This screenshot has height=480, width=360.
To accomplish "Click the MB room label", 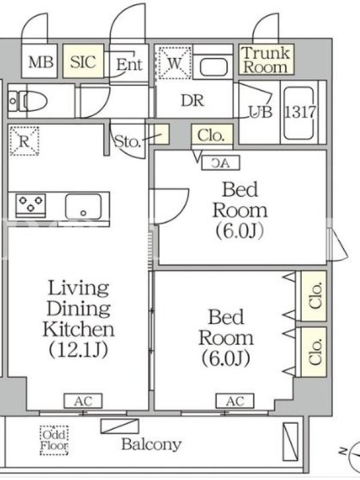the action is coord(41,62).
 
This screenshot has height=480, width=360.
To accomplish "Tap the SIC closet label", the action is coord(83,62).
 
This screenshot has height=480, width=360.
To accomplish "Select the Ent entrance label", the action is coord(129,65).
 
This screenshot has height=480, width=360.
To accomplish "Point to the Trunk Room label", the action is coord(266,60).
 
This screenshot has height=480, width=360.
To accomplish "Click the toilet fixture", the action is coord(28,101).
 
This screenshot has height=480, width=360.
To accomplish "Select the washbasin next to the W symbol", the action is coord(214,67).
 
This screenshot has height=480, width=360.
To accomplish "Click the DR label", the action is coord(192,100).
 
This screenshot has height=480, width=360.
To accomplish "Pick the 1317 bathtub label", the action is coord(299,112).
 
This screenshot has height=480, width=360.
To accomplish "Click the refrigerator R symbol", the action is coord(24,141).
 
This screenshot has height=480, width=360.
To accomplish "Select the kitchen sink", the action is coord(83,206).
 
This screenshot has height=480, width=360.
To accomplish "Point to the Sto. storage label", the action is coord(127,142).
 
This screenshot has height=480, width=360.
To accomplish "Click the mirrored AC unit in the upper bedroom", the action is coord(220,163).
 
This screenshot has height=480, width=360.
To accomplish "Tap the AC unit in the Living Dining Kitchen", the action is coord(83,401).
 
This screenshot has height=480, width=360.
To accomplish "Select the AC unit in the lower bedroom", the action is coord(235,401).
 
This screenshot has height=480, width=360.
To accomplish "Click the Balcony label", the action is coord(152,444).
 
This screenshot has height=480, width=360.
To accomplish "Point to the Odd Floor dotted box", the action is coord(54,440).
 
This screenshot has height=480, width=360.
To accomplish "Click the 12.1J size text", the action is coord(79,350).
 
